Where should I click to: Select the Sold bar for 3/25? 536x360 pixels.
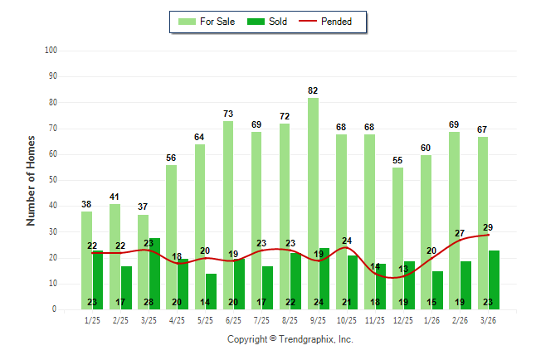(x=154, y=274)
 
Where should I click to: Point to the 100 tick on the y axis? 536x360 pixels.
(x=51, y=51)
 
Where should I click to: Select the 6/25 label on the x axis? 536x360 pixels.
(x=233, y=320)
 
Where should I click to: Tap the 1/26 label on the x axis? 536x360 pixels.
(x=431, y=320)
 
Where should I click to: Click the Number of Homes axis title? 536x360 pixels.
(x=31, y=180)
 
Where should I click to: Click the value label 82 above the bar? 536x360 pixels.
(x=313, y=90)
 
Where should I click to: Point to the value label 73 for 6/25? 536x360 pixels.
(x=227, y=114)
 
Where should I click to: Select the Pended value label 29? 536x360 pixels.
(x=488, y=227)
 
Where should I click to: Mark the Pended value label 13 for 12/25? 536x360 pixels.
(x=403, y=269)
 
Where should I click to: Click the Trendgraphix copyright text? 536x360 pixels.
(x=290, y=339)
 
